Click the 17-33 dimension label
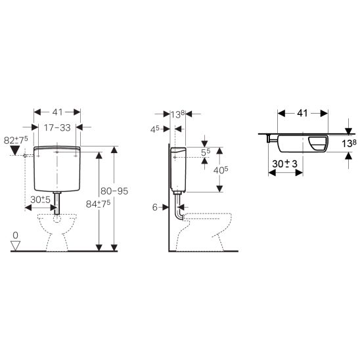click(57, 127)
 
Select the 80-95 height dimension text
click(114, 191)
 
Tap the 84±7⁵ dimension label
click(98, 204)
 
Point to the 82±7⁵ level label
click(16, 140)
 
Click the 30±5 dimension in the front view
click(41, 200)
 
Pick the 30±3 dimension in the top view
click(284, 164)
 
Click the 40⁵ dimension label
click(221, 170)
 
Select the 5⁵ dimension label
click(206, 152)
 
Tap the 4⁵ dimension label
click(155, 129)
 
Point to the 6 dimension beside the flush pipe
click(155, 208)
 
